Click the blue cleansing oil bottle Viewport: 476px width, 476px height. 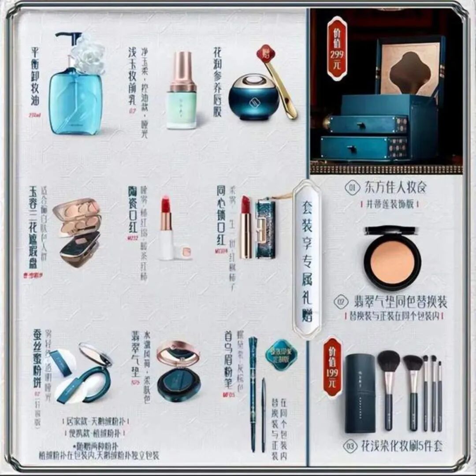click(75, 101)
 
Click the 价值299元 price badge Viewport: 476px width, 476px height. click(337, 48)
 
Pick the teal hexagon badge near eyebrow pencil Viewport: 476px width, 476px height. click(281, 354)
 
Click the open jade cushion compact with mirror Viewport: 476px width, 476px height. click(178, 370)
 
